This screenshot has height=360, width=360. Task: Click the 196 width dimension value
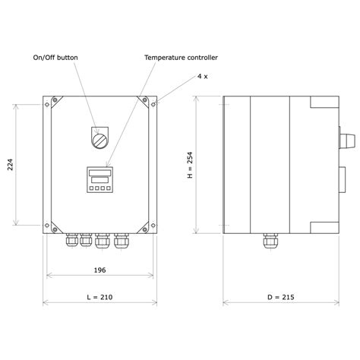coord(100,270)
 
